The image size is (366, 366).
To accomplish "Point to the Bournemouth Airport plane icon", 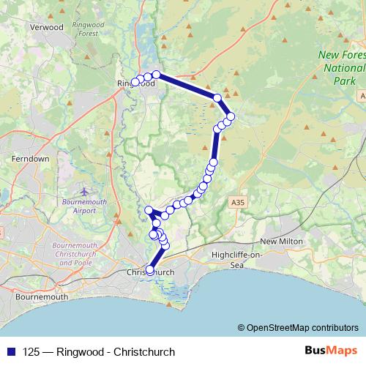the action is point(84,191).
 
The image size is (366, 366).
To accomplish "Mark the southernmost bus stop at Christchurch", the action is point(150,269).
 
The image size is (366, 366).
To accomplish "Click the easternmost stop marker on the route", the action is point(231,116).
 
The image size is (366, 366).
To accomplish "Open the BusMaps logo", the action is point(331,351).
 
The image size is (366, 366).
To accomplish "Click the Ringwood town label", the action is point(136,84).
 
